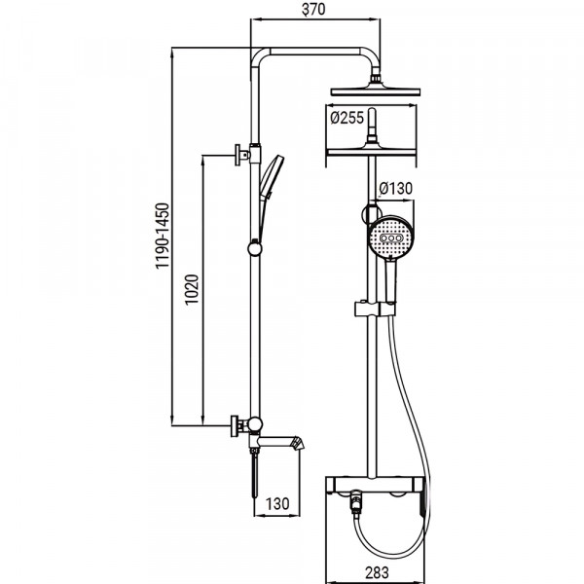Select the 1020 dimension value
(x=192, y=291)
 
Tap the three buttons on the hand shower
(x=392, y=238)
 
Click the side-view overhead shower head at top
(x=378, y=91)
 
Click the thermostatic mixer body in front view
(x=378, y=484)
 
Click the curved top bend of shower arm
(x=263, y=56)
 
